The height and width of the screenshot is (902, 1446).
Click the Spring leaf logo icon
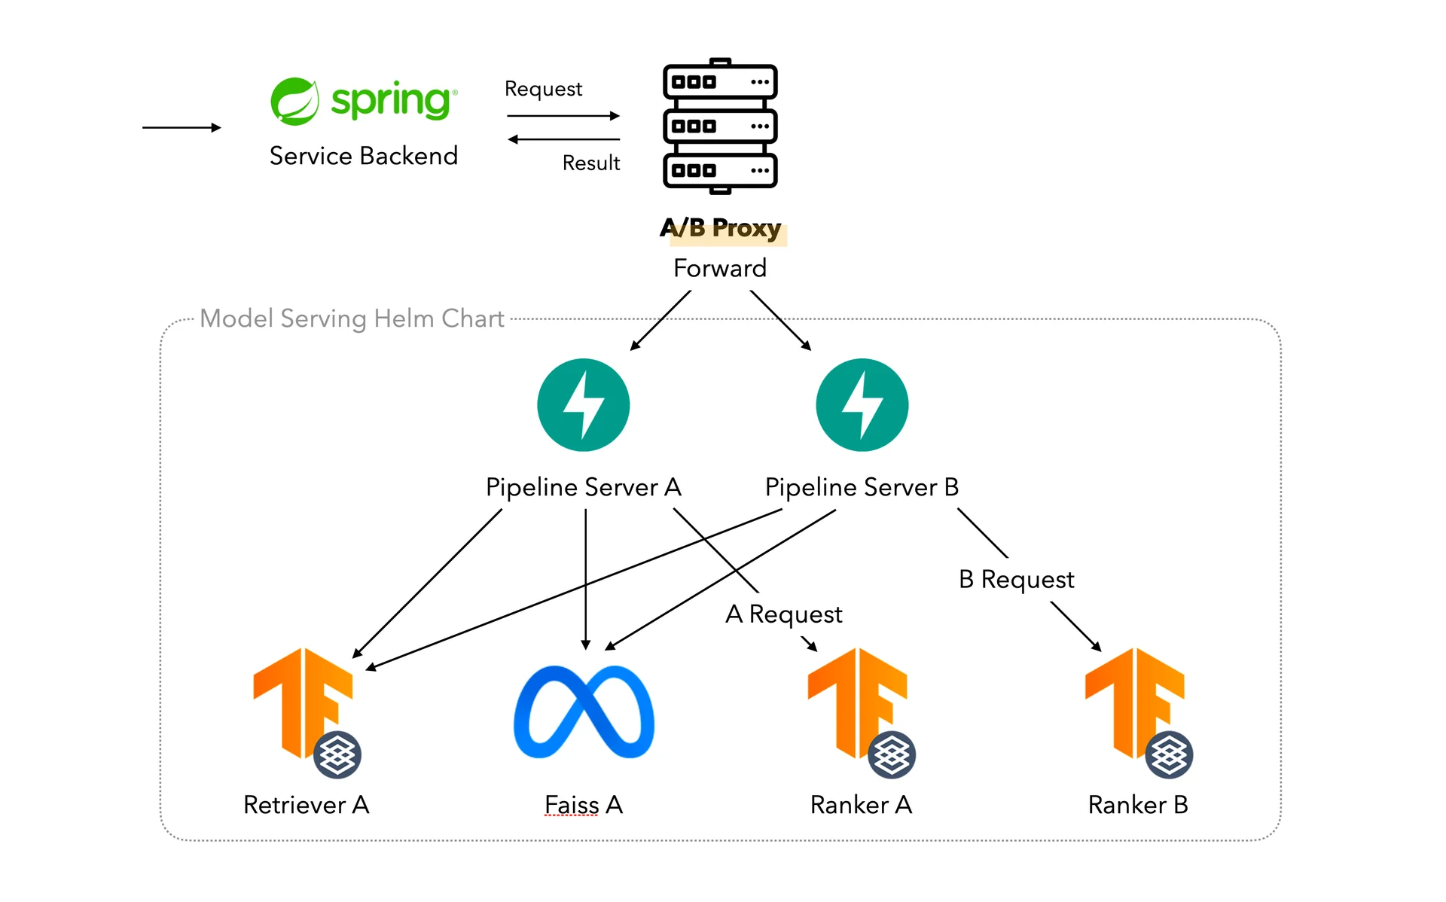[x=294, y=101]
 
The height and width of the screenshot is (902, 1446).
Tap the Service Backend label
[x=364, y=156]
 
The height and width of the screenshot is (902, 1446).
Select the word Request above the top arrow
[x=543, y=89]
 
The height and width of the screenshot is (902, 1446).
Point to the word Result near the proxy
[x=591, y=163]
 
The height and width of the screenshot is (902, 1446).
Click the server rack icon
[x=720, y=126]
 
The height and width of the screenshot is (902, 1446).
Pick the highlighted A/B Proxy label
[x=721, y=227]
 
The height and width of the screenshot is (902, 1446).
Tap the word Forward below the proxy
[x=720, y=268]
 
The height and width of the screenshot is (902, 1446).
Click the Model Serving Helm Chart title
[x=352, y=318]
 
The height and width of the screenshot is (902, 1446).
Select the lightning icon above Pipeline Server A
[x=583, y=405]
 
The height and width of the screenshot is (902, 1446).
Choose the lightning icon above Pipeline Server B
[x=862, y=405]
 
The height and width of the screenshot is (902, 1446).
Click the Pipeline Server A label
[x=583, y=487]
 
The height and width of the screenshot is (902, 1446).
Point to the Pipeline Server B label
[x=862, y=487]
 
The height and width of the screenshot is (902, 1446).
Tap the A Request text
[x=783, y=614]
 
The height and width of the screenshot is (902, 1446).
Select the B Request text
[x=1016, y=579]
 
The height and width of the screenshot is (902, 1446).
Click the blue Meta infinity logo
[x=584, y=712]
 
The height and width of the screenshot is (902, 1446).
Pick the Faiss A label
[x=584, y=805]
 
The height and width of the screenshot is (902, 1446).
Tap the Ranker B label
[x=1138, y=805]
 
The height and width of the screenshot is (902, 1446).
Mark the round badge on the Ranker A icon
[x=892, y=754]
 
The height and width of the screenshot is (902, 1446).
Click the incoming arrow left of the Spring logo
[x=182, y=128]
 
